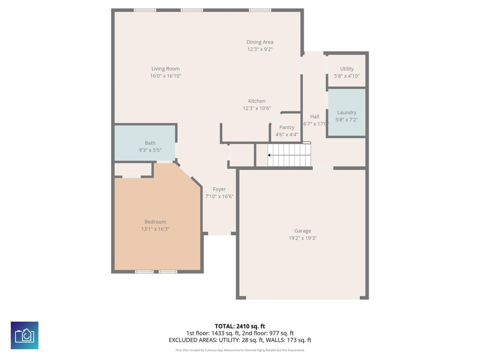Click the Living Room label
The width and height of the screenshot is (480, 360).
[165, 69]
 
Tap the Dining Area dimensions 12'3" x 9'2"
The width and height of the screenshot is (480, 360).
[260, 49]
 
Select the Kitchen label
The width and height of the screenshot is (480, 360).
[256, 101]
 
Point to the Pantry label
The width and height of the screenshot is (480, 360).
[287, 127]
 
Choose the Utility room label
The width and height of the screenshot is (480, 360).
[347, 69]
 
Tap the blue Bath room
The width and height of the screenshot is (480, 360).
[145, 143]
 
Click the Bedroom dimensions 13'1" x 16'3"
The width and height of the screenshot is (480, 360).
[155, 229]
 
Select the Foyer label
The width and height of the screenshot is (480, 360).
[219, 189]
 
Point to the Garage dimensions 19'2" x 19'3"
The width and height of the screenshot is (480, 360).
[302, 238]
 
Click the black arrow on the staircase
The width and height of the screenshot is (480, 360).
[269, 155]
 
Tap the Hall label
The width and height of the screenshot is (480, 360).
[315, 117]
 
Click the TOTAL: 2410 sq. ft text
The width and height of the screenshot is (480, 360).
[240, 326]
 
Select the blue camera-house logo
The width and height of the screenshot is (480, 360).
[24, 335]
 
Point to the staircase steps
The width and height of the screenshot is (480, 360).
[290, 155]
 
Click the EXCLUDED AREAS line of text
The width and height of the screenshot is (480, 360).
[240, 340]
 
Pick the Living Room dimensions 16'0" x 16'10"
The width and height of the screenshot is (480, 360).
[165, 76]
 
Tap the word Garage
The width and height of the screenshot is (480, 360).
[302, 231]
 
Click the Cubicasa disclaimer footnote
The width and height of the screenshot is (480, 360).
[240, 350]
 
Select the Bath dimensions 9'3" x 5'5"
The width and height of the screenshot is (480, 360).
[150, 150]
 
